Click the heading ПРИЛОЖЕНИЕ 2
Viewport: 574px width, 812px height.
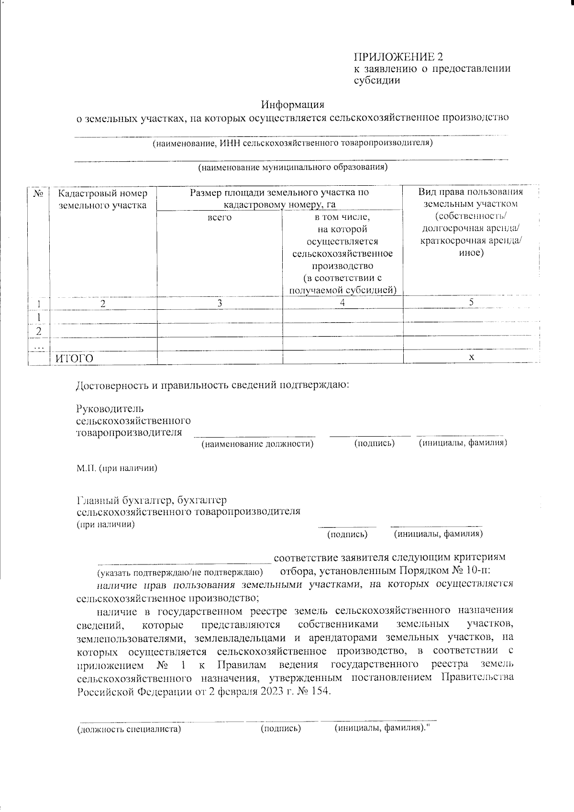(x=398, y=57)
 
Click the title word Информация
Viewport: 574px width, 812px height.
(x=293, y=104)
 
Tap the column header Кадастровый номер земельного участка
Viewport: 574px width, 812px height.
(x=103, y=200)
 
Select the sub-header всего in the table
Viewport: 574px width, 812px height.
(x=220, y=217)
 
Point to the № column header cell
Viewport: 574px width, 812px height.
(x=39, y=193)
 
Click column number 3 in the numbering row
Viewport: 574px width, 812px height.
(x=220, y=303)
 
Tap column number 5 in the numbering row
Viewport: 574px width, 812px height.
(x=471, y=302)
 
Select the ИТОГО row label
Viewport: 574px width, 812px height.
(x=74, y=359)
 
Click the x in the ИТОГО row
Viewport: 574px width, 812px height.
(x=472, y=357)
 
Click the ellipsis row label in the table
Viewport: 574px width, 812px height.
(x=39, y=345)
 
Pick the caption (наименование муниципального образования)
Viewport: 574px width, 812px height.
(x=293, y=167)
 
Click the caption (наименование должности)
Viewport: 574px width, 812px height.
(x=257, y=444)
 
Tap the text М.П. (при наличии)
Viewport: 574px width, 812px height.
(x=117, y=468)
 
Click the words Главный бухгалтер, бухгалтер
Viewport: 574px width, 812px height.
(x=152, y=500)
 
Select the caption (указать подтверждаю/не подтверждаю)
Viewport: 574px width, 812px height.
(x=180, y=573)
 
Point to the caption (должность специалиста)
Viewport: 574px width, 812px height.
(x=129, y=729)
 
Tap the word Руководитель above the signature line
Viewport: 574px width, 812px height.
(x=110, y=409)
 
